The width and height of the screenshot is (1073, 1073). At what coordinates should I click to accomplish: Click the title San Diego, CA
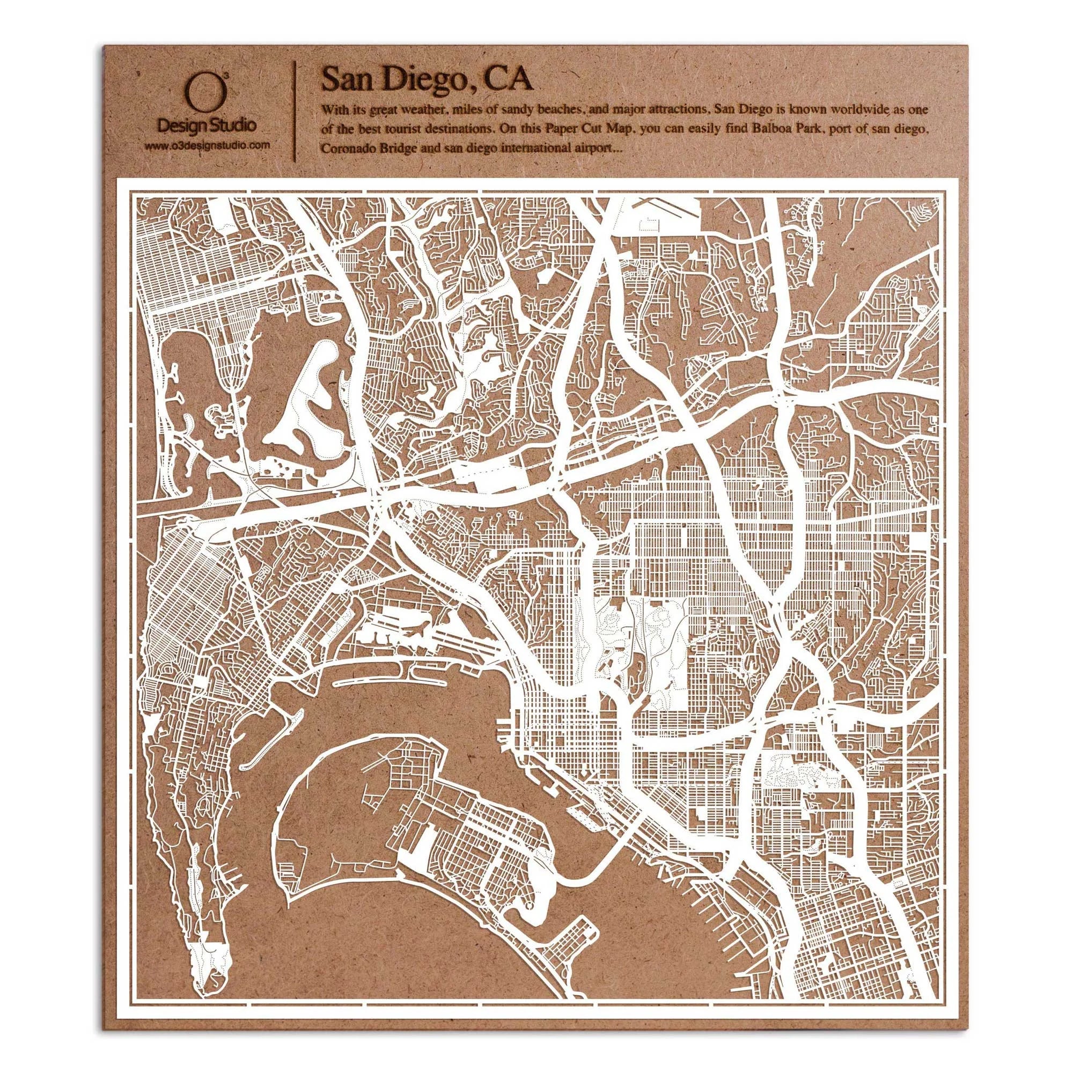(427, 79)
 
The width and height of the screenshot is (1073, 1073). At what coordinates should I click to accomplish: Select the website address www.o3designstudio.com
(207, 146)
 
